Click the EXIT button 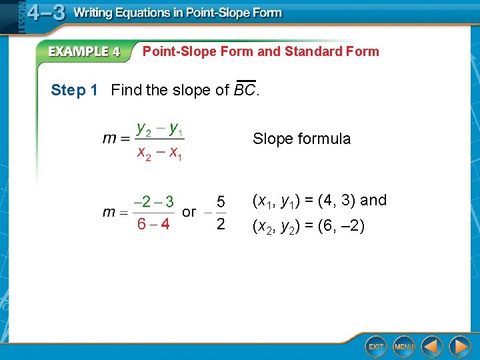(x=376, y=347)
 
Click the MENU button (x=403, y=347)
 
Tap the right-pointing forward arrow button (x=459, y=347)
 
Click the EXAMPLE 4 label (x=83, y=52)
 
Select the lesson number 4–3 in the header (x=45, y=13)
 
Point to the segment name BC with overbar (x=245, y=90)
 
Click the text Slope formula (x=301, y=139)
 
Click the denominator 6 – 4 (x=153, y=224)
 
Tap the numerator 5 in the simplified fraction (x=221, y=201)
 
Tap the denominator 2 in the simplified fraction (x=221, y=224)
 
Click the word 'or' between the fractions (x=189, y=212)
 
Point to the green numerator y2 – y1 (x=159, y=127)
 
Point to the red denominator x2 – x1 (x=159, y=153)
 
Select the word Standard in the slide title (x=311, y=51)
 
